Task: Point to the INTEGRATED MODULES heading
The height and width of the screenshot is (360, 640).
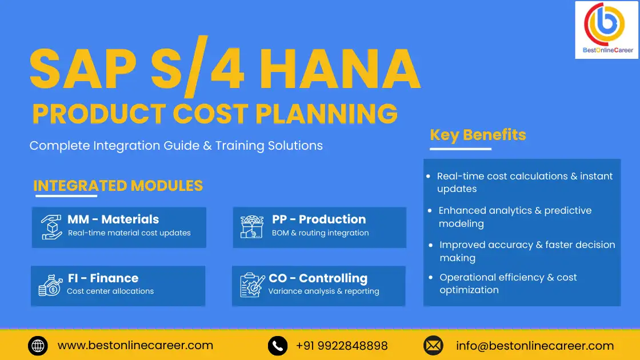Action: (118, 186)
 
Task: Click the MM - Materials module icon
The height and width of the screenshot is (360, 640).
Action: (51, 227)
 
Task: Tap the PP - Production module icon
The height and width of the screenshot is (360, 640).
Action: (252, 227)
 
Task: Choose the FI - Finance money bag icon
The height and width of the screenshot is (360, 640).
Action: (50, 285)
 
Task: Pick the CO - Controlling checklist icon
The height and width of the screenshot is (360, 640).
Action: (252, 285)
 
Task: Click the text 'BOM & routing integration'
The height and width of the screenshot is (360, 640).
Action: (320, 233)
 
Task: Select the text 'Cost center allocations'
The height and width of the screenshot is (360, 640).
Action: (110, 291)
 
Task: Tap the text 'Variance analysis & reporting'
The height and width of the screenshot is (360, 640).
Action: (323, 291)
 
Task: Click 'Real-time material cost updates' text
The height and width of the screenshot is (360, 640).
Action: (129, 233)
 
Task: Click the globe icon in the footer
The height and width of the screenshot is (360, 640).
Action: (38, 346)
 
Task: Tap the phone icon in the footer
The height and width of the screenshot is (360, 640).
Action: (278, 346)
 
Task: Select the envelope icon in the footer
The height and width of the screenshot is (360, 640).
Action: (433, 346)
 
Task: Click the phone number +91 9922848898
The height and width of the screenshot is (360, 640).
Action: (342, 346)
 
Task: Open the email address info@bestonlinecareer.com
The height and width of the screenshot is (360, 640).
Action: (535, 346)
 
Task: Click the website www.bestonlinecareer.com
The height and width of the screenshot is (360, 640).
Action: (135, 346)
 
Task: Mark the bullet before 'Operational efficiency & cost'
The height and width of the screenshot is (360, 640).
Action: (430, 277)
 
